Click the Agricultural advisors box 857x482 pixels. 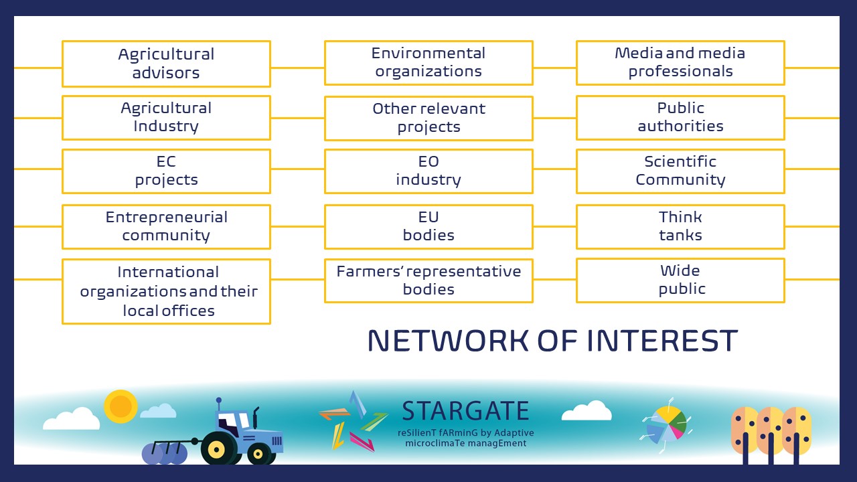(x=167, y=64)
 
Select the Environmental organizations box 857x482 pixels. (x=428, y=63)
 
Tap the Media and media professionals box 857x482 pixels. (x=680, y=63)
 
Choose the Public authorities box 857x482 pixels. (x=680, y=118)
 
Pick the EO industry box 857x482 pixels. (x=428, y=171)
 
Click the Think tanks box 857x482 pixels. (x=680, y=227)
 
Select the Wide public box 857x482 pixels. (x=680, y=280)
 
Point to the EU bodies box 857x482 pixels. (x=428, y=227)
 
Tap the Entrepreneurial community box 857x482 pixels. (x=167, y=227)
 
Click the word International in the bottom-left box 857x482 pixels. (x=168, y=272)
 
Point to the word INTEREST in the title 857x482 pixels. (x=662, y=341)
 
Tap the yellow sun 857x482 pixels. (x=121, y=406)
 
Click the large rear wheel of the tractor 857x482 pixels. (x=217, y=449)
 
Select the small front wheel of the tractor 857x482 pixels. (x=258, y=454)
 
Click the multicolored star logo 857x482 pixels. (x=354, y=421)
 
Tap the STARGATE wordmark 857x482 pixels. (x=465, y=410)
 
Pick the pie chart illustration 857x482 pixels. (x=667, y=424)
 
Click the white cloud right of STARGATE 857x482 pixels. (x=587, y=410)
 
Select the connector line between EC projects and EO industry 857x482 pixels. (x=298, y=169)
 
